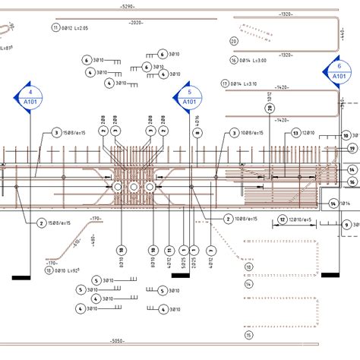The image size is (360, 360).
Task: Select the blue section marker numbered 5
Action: click(x=189, y=96)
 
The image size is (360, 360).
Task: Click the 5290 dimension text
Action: click(x=127, y=7)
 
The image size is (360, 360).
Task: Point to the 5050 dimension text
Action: click(x=116, y=341)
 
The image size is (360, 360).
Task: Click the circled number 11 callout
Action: click(x=55, y=27)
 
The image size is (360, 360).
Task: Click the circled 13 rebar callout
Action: click(x=295, y=133)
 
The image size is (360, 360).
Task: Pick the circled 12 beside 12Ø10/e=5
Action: click(x=282, y=220)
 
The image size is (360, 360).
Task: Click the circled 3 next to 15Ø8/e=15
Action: click(x=56, y=133)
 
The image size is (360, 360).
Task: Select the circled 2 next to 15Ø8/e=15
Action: click(x=40, y=223)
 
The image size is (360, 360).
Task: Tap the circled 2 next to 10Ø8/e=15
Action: click(x=228, y=219)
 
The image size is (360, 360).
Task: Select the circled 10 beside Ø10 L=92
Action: click(x=49, y=270)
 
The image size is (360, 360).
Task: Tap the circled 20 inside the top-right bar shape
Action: click(x=234, y=41)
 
